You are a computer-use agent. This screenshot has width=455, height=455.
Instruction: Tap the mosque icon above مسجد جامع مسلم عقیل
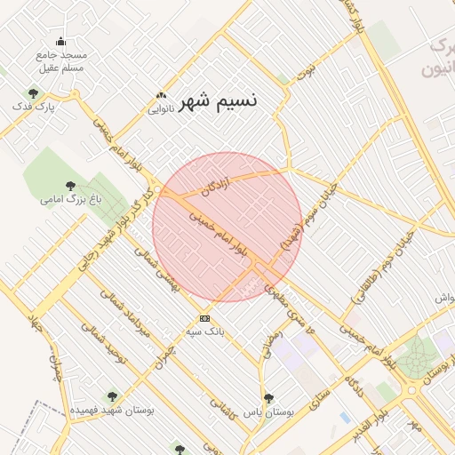[x=60, y=41]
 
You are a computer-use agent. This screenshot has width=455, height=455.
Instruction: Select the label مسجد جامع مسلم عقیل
[x=60, y=61]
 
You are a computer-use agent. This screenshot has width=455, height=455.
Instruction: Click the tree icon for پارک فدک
[x=34, y=93]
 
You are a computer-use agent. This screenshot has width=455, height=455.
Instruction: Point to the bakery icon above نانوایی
[x=161, y=95]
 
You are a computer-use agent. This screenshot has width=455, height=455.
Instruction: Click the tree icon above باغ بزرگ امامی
[x=70, y=187]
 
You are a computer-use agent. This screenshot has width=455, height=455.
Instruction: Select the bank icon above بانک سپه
[x=205, y=318]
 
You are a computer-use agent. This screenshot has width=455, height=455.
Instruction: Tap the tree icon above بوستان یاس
[x=268, y=399]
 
